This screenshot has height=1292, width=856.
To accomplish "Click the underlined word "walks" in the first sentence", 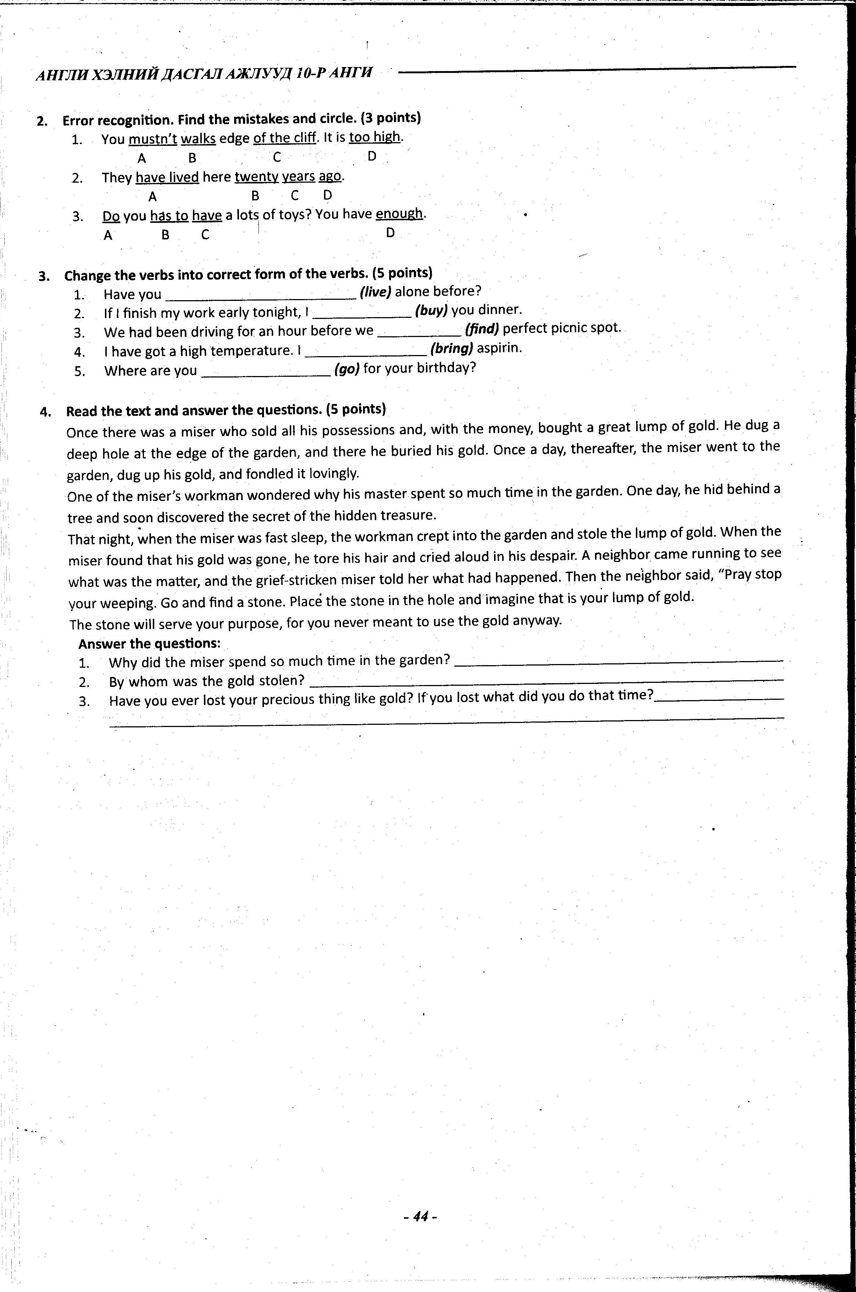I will [198, 139].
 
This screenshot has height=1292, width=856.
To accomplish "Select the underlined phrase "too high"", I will [374, 137].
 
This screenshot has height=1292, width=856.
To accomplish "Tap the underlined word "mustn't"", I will [153, 139].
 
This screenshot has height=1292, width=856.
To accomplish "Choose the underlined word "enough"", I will [399, 214].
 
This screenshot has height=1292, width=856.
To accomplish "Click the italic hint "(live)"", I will [376, 292].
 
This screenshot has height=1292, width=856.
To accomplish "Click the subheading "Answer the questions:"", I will [149, 644].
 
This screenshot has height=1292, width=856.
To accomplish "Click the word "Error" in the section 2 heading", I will [80, 120].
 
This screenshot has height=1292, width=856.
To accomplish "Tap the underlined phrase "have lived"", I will [167, 178].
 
